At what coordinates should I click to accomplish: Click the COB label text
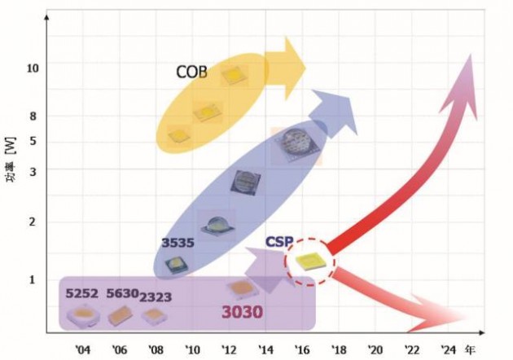[x=191, y=72]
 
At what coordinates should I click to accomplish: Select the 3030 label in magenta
[x=243, y=311]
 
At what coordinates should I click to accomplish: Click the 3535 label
[x=177, y=243]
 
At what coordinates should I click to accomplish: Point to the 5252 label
[x=82, y=294]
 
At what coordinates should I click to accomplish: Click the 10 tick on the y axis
[x=33, y=67]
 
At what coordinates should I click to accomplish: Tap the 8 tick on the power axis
[x=33, y=116]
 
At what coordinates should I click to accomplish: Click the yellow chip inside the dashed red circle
[x=309, y=261]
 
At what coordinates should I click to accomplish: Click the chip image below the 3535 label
[x=175, y=262]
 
